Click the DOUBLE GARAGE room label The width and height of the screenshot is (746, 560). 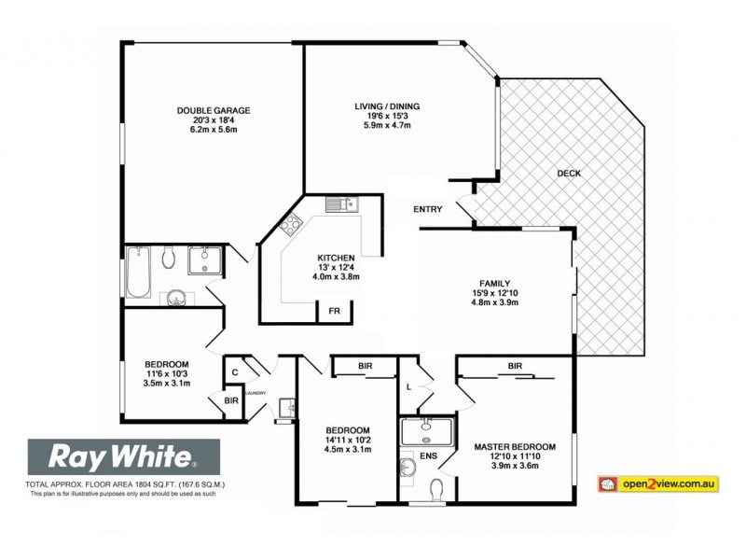(x=214, y=110)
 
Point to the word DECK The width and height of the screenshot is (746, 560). (x=569, y=174)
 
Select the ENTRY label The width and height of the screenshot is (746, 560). (x=428, y=209)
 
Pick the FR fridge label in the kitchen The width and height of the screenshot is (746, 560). (x=333, y=312)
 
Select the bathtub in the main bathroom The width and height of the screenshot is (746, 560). (x=138, y=273)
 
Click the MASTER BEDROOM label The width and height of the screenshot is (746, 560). (x=515, y=447)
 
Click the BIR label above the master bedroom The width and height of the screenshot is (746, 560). (x=515, y=366)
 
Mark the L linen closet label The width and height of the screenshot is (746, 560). (x=409, y=386)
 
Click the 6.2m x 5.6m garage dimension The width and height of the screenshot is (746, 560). (x=214, y=129)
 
